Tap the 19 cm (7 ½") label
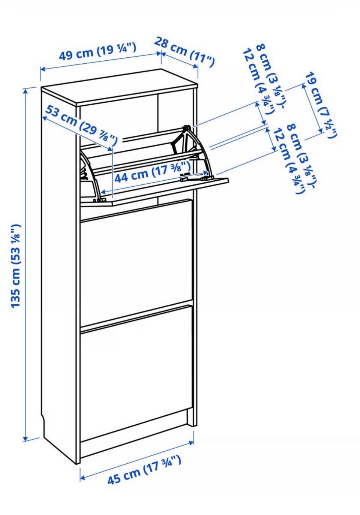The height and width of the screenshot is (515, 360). pos(321,106)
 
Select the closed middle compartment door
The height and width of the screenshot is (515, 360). pos(136,261)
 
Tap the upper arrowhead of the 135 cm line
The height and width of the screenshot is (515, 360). pos(25,91)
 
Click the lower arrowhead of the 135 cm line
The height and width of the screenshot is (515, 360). pos(25,438)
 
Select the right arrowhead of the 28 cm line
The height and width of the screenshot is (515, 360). pos(195,66)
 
